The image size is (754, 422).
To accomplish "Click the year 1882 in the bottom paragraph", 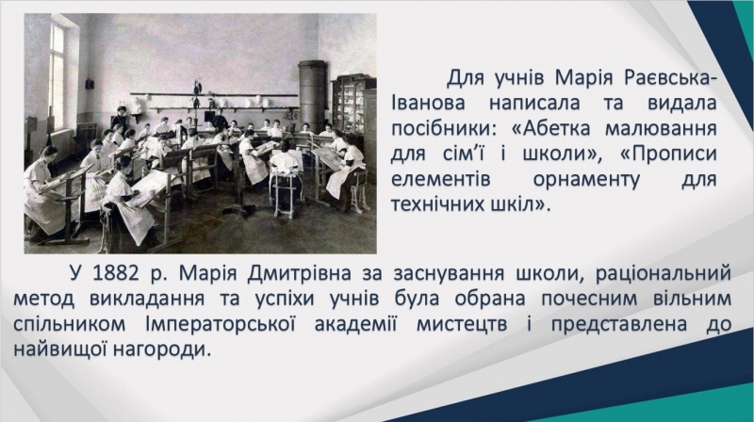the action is (x=115, y=273).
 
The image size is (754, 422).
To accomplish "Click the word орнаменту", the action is (x=586, y=179).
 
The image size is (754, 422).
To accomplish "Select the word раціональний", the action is (x=664, y=274).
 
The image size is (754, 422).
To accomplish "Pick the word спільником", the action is (x=69, y=323).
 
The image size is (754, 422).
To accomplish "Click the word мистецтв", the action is (x=462, y=324).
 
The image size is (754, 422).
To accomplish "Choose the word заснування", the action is (x=454, y=274).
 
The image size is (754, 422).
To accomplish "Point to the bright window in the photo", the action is (x=57, y=77).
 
